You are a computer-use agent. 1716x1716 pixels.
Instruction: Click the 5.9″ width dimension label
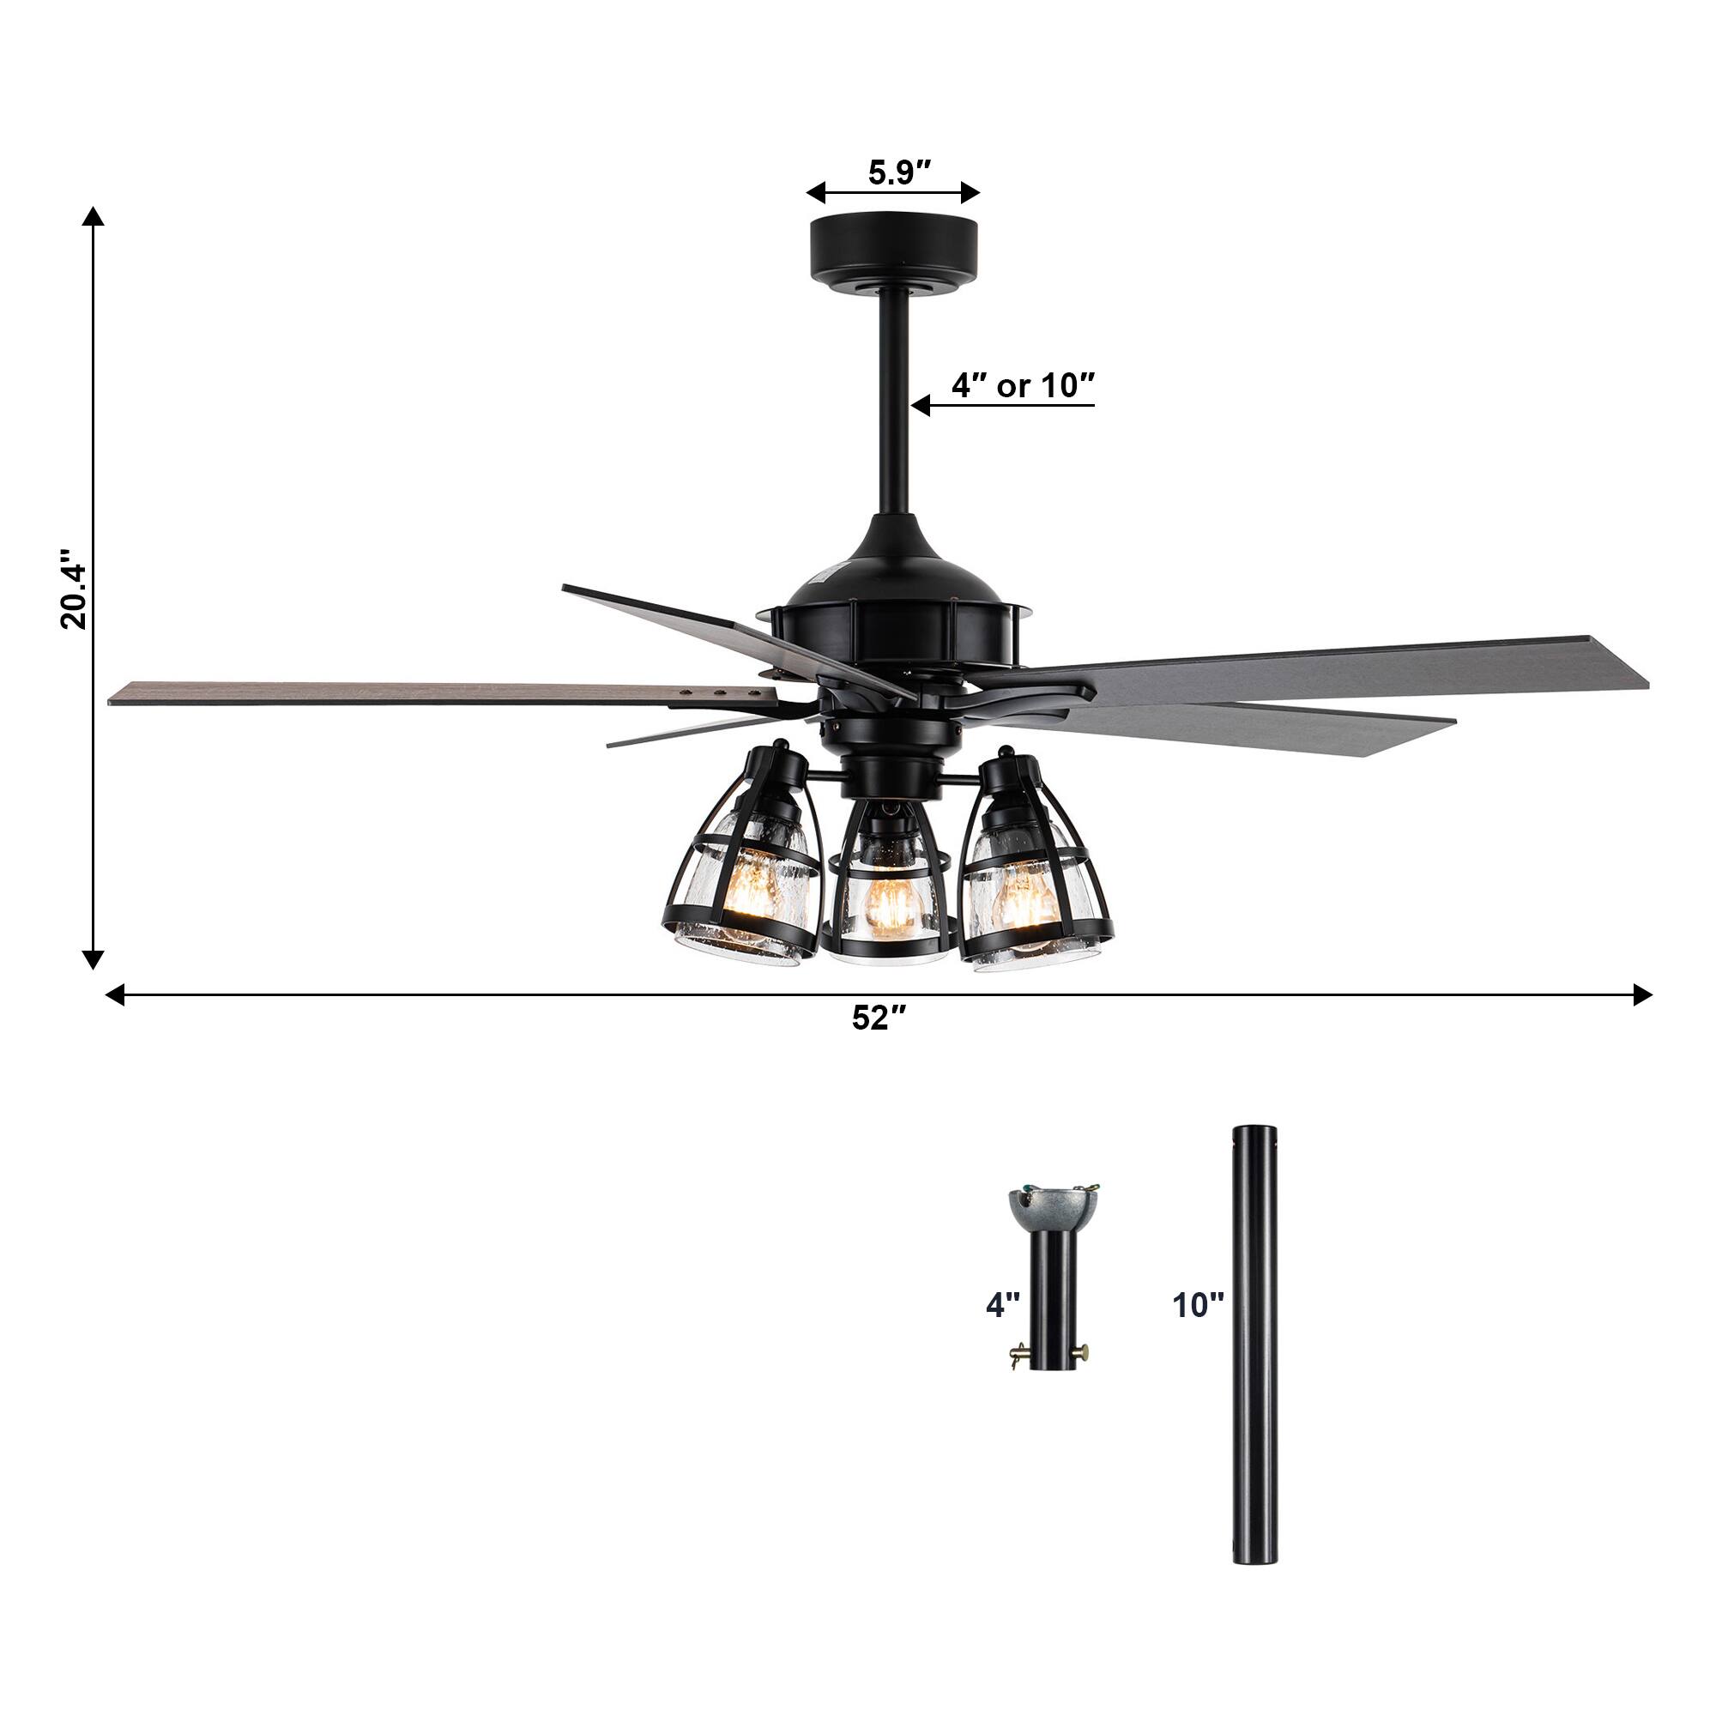click(x=899, y=172)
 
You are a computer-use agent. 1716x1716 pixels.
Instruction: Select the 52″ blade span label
click(x=879, y=1018)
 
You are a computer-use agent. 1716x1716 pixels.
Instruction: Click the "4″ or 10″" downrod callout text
click(x=1023, y=384)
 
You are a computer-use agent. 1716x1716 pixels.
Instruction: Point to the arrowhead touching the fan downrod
click(x=921, y=406)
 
